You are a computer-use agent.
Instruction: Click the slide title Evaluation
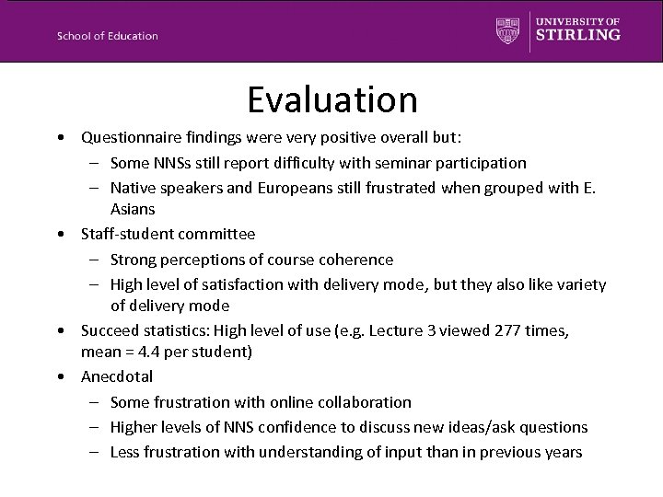[x=331, y=98]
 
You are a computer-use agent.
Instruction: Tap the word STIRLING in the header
[x=578, y=35]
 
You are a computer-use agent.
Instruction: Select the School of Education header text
[x=107, y=36]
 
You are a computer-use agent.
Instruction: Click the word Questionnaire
[x=128, y=138]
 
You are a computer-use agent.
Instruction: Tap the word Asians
[x=133, y=211]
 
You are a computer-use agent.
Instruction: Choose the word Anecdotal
[x=117, y=376]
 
